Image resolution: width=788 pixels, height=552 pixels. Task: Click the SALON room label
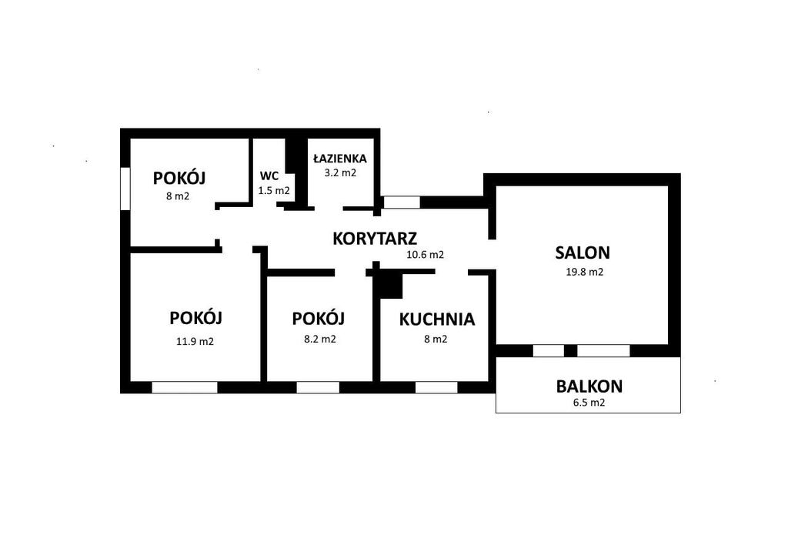583,253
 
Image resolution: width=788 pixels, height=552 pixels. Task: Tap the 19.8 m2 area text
585,272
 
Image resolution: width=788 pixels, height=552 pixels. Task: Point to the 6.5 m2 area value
589,403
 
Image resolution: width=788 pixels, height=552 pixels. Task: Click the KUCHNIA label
437,319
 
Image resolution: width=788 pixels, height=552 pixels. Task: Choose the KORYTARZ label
375,239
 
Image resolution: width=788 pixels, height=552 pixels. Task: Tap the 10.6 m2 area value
425,254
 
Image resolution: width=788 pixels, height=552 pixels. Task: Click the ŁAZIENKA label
339,159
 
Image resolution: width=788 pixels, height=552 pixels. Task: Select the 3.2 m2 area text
340,172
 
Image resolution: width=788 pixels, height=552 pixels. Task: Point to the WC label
269,176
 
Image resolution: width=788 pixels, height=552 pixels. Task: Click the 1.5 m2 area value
274,191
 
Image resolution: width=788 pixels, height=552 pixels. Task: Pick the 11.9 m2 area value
195,341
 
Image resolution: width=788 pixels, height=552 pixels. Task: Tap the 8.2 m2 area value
320,339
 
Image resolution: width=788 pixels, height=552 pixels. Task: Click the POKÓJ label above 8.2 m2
318,318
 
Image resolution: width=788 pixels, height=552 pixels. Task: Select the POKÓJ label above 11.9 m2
195,318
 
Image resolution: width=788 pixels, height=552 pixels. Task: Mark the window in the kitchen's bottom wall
436,387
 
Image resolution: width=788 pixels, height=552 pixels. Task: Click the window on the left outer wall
125,189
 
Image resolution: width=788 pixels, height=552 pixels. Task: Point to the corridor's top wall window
402,202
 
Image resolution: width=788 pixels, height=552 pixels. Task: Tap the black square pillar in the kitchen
391,286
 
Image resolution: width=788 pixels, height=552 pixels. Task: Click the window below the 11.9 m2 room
185,387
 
